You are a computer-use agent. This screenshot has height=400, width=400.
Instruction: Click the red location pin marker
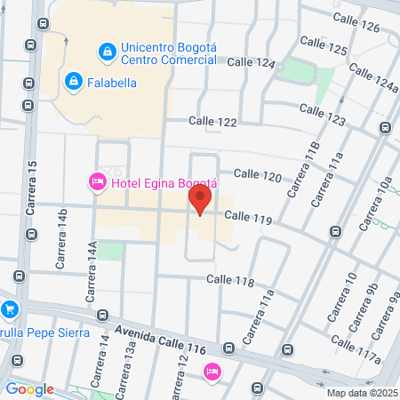tap(201, 197)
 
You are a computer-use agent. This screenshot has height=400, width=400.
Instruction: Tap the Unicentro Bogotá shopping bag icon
tap(108, 52)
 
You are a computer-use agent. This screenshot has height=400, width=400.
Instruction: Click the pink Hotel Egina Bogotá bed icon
tap(97, 182)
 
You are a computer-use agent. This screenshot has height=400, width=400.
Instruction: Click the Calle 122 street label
tap(212, 121)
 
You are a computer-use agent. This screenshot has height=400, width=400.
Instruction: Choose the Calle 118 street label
tap(230, 280)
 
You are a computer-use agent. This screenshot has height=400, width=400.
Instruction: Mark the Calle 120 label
tap(258, 176)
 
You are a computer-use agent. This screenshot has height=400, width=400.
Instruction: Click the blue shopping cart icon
tap(11, 310)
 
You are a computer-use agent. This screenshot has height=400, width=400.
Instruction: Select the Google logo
tap(29, 388)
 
